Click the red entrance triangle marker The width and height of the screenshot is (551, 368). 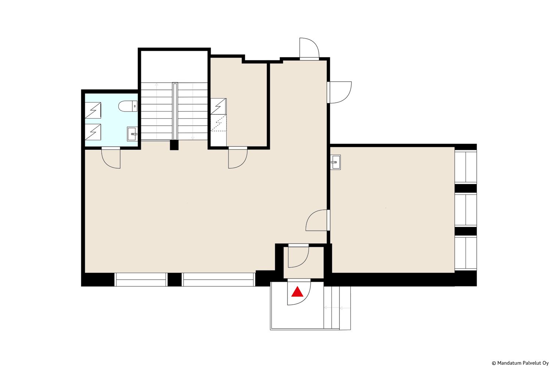[297, 292]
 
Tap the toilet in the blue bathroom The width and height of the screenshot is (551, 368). [128, 106]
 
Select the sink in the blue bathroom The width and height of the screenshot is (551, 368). [132, 134]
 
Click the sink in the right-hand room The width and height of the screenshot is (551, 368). [335, 162]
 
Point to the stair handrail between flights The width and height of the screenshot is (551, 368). [175, 112]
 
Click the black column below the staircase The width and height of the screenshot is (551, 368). [174, 145]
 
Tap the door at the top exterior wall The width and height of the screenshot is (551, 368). [309, 49]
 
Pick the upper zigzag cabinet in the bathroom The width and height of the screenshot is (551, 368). [93, 110]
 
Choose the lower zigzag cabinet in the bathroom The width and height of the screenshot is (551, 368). [93, 132]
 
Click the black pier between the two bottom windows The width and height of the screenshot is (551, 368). [174, 280]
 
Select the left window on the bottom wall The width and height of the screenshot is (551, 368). [141, 280]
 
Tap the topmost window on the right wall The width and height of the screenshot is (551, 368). [466, 167]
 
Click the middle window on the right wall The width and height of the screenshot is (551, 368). [466, 210]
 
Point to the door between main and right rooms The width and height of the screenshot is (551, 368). [318, 220]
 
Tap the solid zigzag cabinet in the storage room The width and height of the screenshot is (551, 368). [219, 106]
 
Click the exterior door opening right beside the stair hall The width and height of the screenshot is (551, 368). [341, 92]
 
